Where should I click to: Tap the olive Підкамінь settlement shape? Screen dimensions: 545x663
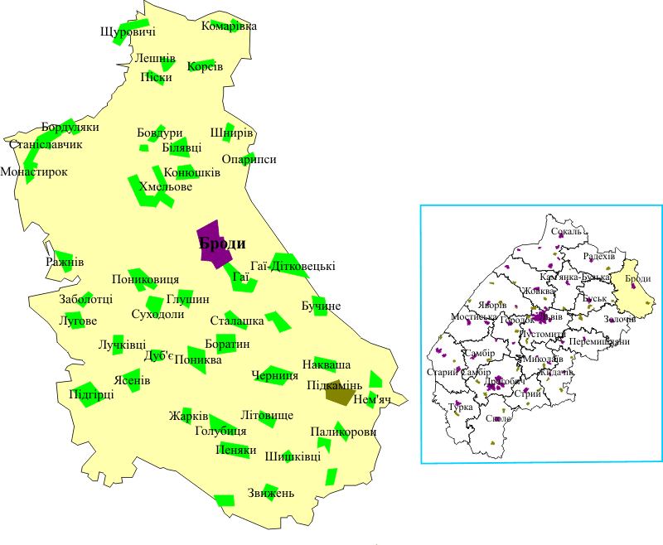(x=339, y=393)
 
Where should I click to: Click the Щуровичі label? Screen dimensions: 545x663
(x=128, y=32)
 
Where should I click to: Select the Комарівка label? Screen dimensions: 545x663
(x=229, y=26)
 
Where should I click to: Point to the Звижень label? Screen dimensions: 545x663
(x=270, y=494)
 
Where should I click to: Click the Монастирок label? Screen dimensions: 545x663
(x=34, y=171)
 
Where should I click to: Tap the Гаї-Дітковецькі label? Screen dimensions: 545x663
(x=293, y=266)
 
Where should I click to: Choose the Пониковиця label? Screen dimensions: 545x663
(x=145, y=279)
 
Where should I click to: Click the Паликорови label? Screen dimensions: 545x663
(x=343, y=432)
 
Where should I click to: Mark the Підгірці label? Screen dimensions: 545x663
(x=91, y=394)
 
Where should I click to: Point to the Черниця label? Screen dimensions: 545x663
(x=274, y=375)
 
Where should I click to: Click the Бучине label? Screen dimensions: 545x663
(x=321, y=306)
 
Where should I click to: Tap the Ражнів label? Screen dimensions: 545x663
(x=65, y=262)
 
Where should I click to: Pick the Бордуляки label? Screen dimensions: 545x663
(x=70, y=128)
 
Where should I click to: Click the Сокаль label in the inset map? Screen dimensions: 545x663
(x=568, y=231)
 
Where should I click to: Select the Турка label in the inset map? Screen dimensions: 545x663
(x=460, y=408)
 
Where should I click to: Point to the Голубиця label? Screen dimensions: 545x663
(x=220, y=431)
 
